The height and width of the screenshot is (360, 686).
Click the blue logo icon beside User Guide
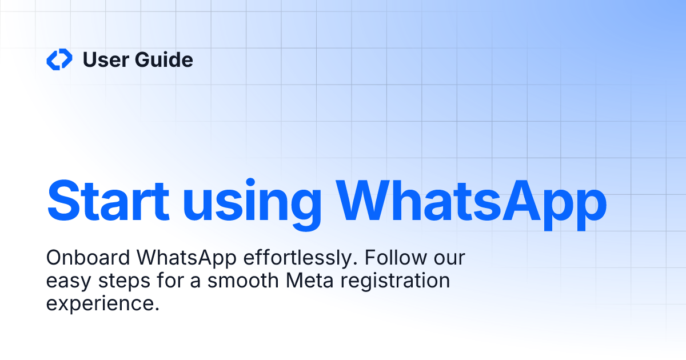pos(59,59)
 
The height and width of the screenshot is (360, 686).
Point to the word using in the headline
pos(252,203)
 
